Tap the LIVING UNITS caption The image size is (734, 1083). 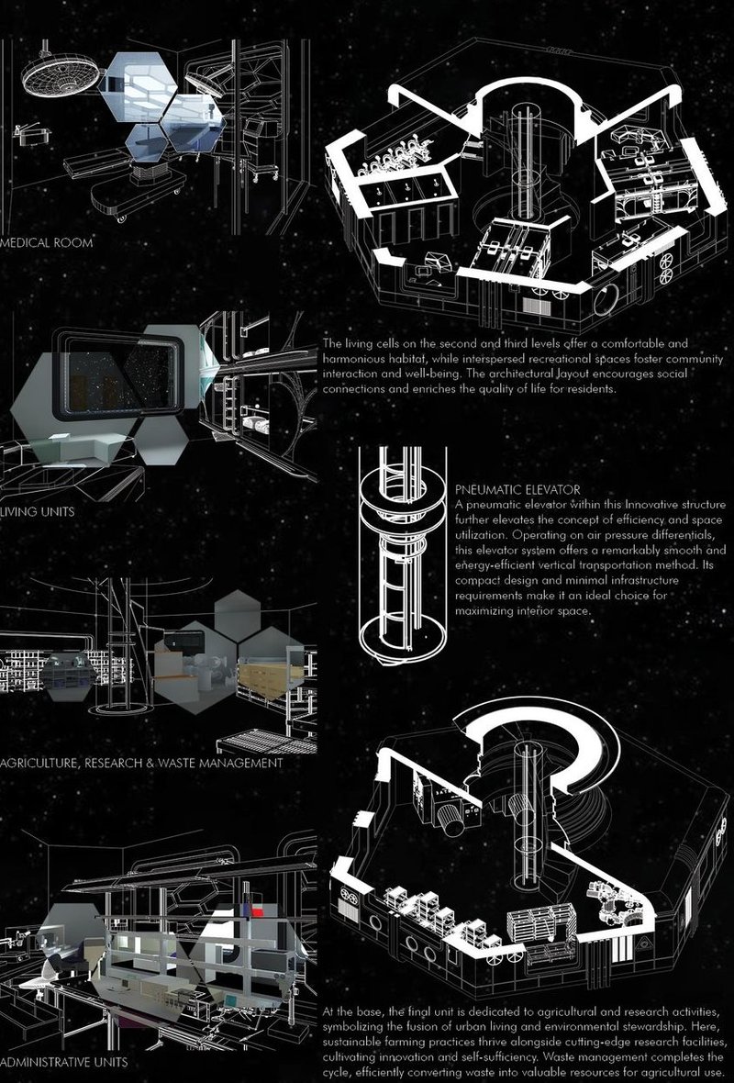click(39, 510)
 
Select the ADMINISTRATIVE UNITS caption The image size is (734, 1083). click(64, 1062)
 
